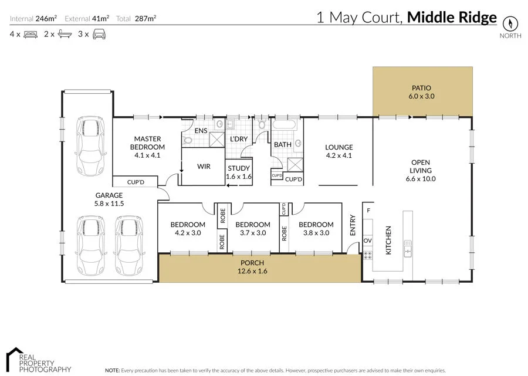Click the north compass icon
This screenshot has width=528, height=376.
coord(510,23)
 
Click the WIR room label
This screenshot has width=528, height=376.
coord(204,167)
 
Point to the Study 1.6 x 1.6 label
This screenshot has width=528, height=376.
coord(238,172)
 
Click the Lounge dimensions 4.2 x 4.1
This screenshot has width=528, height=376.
coord(339,155)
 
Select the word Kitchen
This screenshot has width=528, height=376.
coord(388,240)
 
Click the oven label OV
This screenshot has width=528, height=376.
coord(368,240)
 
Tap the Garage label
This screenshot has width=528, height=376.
coord(109,199)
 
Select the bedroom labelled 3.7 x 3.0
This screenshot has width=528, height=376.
coord(252,228)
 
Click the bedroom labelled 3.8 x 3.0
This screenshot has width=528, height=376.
coord(316,228)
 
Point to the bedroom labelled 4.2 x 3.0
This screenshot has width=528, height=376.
coord(188,228)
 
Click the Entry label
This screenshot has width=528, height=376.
coord(353,225)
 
